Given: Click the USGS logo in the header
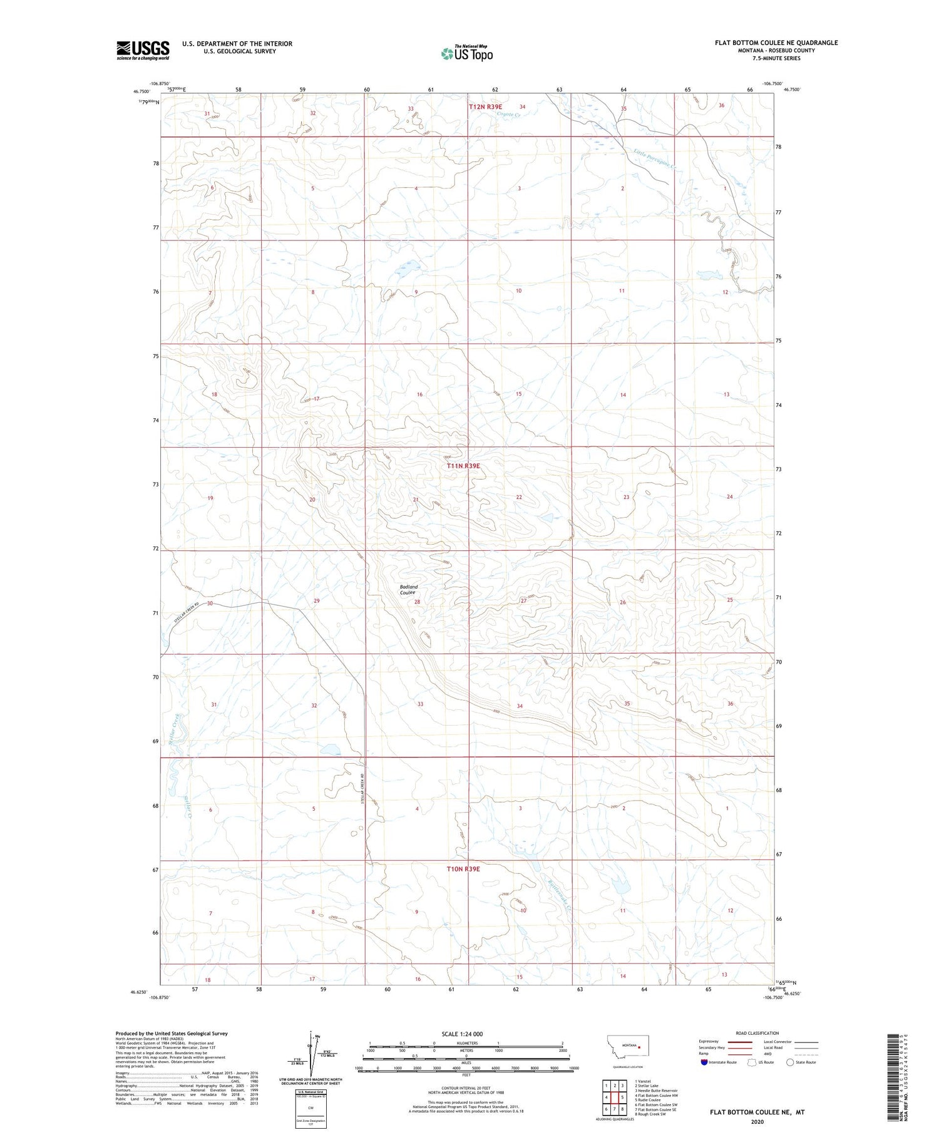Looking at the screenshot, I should tap(143, 50).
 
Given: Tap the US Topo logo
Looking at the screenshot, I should tap(466, 54).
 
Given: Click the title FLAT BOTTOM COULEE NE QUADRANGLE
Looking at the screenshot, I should tap(776, 43).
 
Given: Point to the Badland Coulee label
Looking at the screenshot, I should tap(408, 590).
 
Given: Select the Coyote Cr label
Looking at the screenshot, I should tap(508, 114).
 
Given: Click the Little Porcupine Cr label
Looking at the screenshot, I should tap(655, 158).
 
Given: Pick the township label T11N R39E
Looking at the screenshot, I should tap(463, 466).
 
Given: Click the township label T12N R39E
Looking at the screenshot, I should tap(485, 107).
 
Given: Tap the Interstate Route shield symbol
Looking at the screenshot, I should tap(704, 1062).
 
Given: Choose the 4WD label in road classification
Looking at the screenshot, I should tap(769, 1054).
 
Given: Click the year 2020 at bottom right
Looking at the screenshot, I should tap(757, 1122).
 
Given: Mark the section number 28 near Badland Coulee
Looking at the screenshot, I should tap(417, 602).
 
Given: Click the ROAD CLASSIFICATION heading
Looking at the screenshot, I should tap(757, 1033).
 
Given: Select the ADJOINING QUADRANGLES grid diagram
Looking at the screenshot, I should tap(614, 1096).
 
